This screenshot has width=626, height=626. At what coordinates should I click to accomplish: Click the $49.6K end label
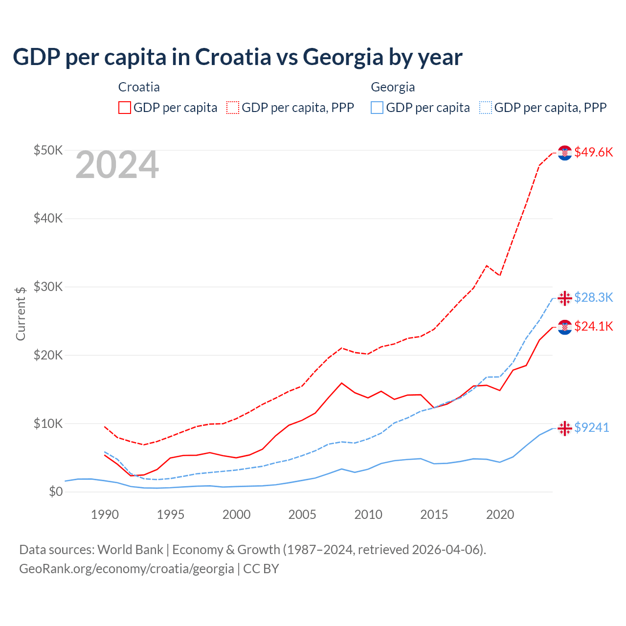tap(593, 152)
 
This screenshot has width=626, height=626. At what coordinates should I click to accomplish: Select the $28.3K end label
tap(593, 297)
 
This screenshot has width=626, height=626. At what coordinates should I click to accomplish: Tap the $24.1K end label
tap(593, 326)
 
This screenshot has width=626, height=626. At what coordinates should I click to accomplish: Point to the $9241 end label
tap(591, 427)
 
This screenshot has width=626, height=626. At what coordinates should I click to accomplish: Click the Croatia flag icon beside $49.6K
tap(565, 153)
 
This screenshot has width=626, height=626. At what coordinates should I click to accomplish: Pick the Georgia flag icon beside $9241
tap(565, 428)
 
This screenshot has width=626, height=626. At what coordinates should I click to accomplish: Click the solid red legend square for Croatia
tap(125, 108)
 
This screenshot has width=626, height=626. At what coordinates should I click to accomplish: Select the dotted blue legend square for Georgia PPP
tap(486, 108)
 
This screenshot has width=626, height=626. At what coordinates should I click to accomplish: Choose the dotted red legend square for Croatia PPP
tap(233, 108)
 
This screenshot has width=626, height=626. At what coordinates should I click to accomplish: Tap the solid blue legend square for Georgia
tap(377, 108)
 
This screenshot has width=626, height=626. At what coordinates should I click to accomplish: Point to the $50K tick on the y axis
tap(48, 150)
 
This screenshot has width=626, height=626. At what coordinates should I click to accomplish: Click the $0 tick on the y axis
tap(55, 492)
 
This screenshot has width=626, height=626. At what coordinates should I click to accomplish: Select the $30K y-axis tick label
tap(48, 287)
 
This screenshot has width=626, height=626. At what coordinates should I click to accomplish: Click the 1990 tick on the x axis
tap(105, 514)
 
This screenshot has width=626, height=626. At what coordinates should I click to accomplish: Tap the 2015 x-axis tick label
tap(434, 514)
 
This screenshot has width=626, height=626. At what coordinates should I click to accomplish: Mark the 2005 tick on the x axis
tap(302, 514)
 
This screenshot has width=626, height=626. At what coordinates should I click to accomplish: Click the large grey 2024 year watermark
tap(117, 165)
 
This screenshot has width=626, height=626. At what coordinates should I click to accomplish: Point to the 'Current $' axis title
tap(21, 313)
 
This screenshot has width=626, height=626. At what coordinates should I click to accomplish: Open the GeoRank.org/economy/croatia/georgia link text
tap(127, 569)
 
